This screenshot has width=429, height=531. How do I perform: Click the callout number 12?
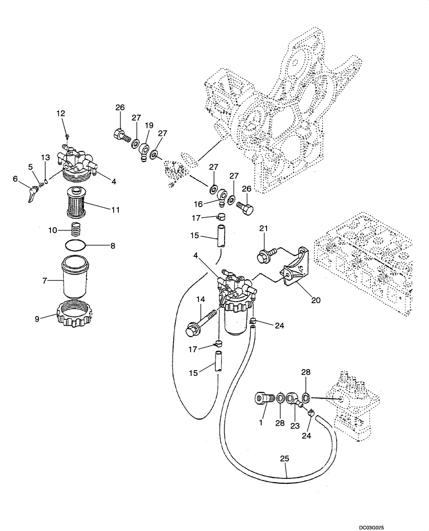tap(60, 113)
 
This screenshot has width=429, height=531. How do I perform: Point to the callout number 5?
tap(31, 167)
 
